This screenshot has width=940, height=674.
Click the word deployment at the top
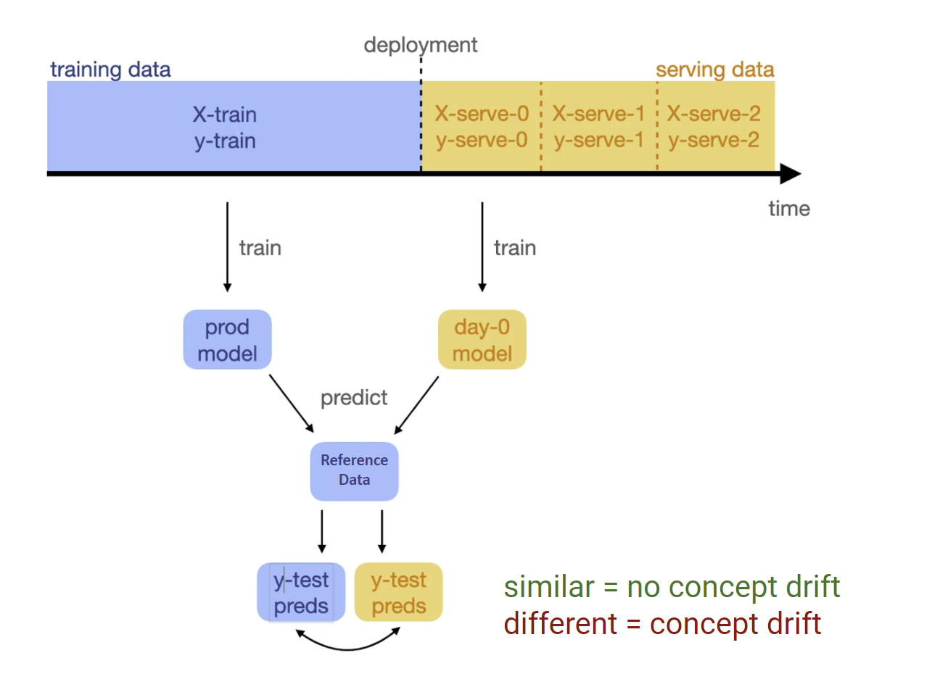coord(420,45)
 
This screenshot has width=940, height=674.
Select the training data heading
coord(110,70)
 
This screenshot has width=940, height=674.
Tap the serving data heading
coord(714,70)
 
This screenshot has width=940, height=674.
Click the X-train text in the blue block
coord(224,115)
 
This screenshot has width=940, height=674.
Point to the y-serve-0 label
coord(482,140)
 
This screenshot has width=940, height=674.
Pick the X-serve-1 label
coord(598,114)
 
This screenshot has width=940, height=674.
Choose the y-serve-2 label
coord(714,140)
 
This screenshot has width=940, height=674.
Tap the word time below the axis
coord(788,209)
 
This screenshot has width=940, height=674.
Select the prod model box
coord(227,340)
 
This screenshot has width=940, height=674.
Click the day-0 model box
coord(482,340)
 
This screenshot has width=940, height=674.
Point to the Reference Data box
coord(354,471)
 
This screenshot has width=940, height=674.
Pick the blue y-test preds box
coord(300,592)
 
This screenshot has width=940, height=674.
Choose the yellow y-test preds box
coord(398,592)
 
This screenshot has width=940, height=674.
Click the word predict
coord(354,398)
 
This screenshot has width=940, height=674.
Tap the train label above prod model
coord(260,248)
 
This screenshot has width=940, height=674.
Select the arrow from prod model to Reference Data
coord(292,404)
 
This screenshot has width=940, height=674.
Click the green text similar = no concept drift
coord(672,587)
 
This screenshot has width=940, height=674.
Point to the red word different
coord(561,624)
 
